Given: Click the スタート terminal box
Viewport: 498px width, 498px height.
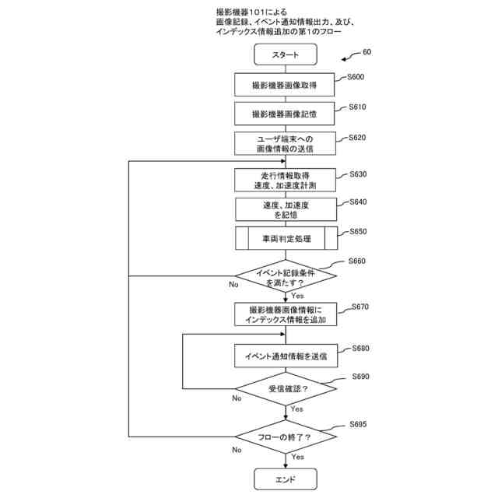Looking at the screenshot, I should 286,54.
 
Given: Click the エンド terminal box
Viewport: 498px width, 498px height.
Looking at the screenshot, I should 286,479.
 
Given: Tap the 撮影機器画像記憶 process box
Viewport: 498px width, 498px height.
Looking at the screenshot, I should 286,114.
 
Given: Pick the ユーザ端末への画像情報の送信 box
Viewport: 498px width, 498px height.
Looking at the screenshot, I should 286,143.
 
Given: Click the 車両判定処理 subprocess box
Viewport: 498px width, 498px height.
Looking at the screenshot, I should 286,238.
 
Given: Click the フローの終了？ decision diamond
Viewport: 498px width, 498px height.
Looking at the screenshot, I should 286,437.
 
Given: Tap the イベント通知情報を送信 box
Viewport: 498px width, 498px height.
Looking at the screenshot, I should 286,356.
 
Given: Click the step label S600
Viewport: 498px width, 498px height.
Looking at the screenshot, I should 353,77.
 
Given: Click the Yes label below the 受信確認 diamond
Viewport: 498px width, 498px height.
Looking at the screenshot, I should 296,409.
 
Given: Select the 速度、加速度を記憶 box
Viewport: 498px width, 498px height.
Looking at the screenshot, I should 286,209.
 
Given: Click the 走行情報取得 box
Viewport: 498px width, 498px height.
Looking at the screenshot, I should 286,180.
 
